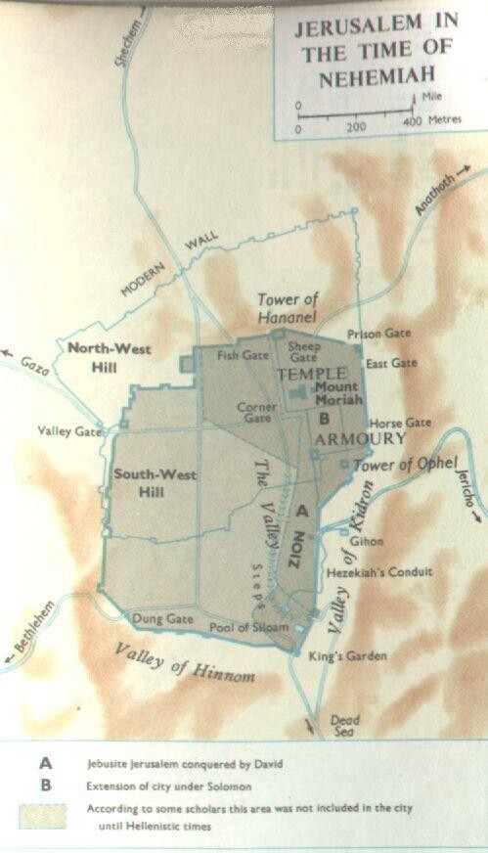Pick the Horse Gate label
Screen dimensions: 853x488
pos(399,423)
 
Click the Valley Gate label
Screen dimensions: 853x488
pos(69,430)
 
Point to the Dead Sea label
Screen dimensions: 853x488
pos(344,725)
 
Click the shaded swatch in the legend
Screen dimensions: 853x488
pos(42,816)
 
